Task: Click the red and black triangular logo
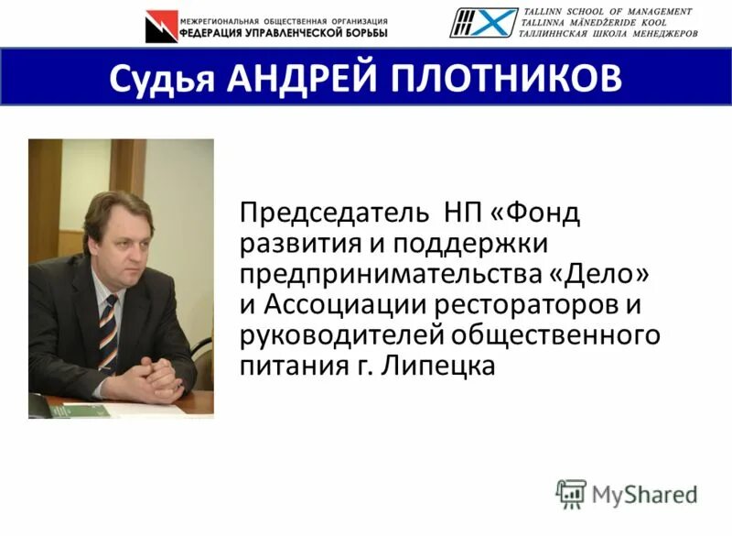coord(161,26)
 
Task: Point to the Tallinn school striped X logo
coord(481,23)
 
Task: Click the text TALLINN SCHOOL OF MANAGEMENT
coord(607,11)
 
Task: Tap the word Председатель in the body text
coord(334,215)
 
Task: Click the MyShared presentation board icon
coord(571,494)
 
